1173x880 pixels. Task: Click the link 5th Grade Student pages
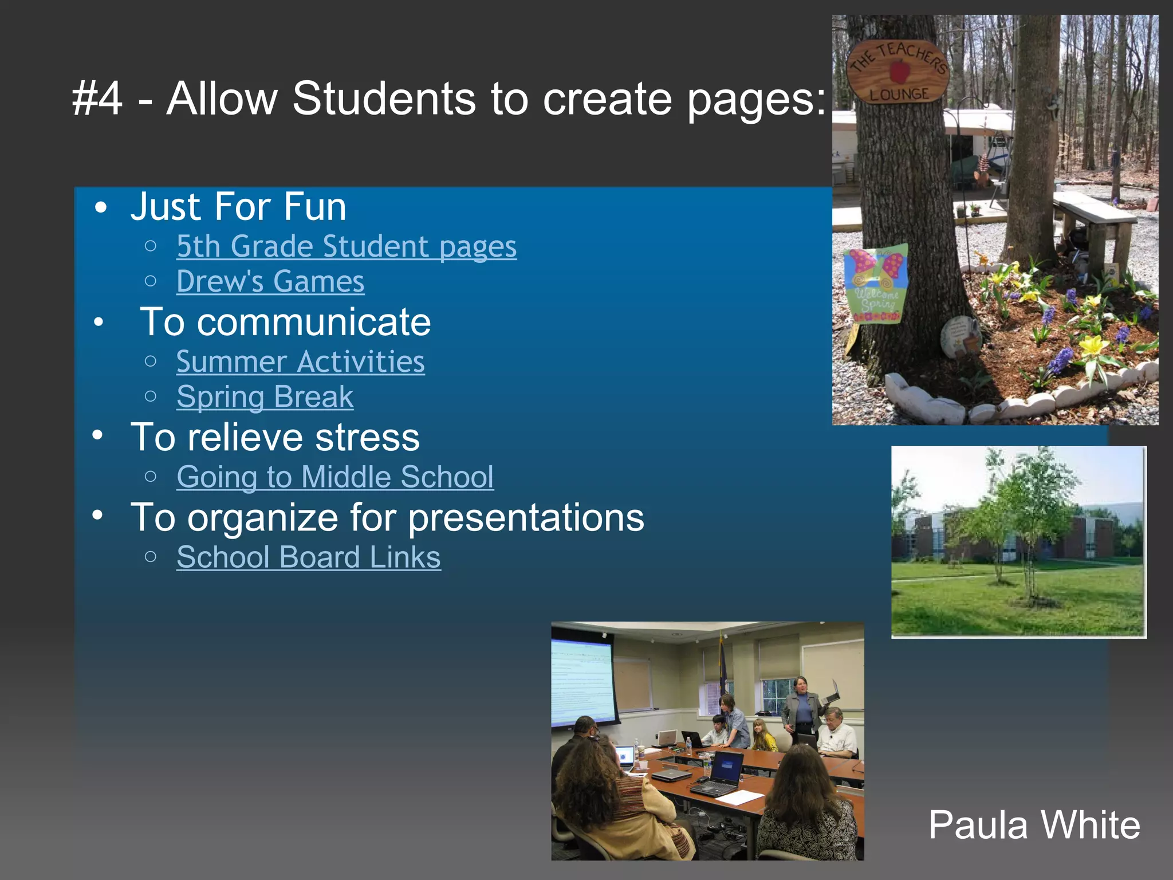pos(346,246)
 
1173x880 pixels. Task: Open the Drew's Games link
pos(270,281)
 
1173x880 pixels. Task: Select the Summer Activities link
pos(300,362)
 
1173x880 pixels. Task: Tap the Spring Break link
pos(265,396)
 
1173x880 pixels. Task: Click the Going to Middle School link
pos(335,477)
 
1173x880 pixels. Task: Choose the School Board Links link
pos(308,557)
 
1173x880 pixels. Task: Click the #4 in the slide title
pos(97,99)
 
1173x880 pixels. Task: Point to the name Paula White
pos(1034,825)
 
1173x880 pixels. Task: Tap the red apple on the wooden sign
pos(900,73)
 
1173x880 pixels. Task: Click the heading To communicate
pos(285,322)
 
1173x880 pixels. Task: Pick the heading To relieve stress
pos(275,437)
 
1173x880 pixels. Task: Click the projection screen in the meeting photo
pos(581,682)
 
